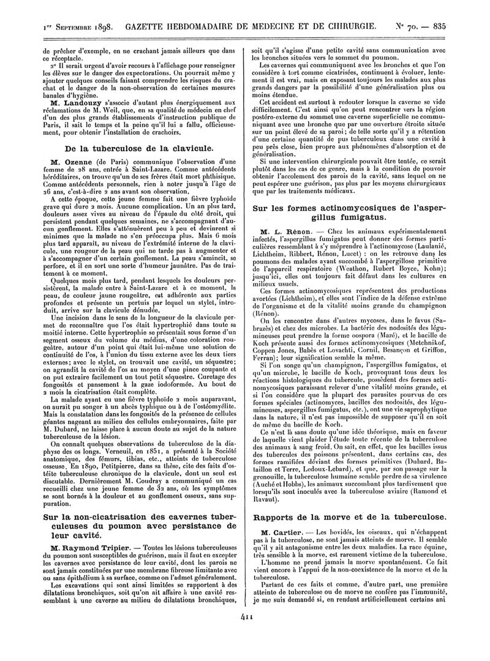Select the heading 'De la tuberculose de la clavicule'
click(140, 148)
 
